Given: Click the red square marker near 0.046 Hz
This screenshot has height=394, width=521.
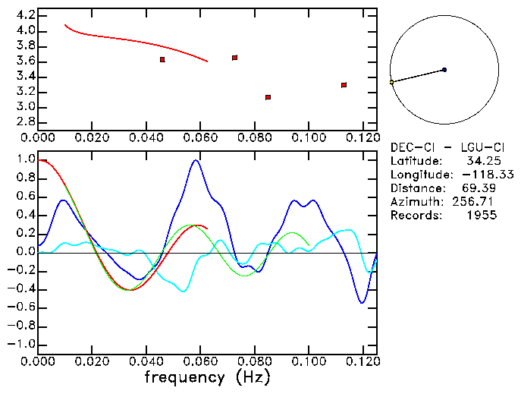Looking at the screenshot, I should point(162,59).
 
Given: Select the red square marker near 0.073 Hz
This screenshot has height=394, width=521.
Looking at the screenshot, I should point(235,58).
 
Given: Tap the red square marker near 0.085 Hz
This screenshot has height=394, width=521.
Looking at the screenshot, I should point(268,97).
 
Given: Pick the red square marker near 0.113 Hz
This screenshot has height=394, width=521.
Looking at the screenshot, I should point(344,85).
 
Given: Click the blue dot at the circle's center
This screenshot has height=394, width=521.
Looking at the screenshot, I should point(444,70).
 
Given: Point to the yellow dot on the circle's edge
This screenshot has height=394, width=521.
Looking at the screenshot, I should point(391,82).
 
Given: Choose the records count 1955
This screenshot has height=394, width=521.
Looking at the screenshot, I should point(482,216).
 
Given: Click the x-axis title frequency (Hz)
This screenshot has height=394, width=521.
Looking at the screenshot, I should point(207,377).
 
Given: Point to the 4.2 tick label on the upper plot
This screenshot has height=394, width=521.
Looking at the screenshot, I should point(26,15).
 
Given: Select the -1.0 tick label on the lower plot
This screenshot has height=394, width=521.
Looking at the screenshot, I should point(22,344).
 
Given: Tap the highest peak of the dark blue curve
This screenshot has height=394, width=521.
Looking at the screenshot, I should point(196,160).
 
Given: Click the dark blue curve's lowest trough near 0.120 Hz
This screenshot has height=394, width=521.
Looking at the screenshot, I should point(363,303).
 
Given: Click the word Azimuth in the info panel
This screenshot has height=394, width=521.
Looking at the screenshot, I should point(413,202).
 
